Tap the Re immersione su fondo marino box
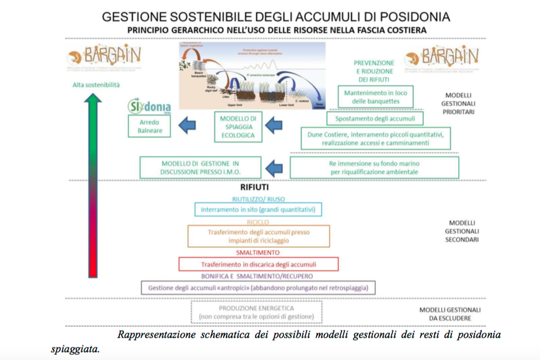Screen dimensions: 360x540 click(374, 167)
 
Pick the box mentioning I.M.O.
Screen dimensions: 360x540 click(201, 167)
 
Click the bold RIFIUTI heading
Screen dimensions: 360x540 click(254, 187)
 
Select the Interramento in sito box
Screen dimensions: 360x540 click(257, 209)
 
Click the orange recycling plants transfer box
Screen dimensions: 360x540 click(259, 236)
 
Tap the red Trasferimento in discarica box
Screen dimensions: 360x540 click(259, 264)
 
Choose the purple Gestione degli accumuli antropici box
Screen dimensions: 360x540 click(258, 287)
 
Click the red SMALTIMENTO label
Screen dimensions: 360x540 click(258, 252)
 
